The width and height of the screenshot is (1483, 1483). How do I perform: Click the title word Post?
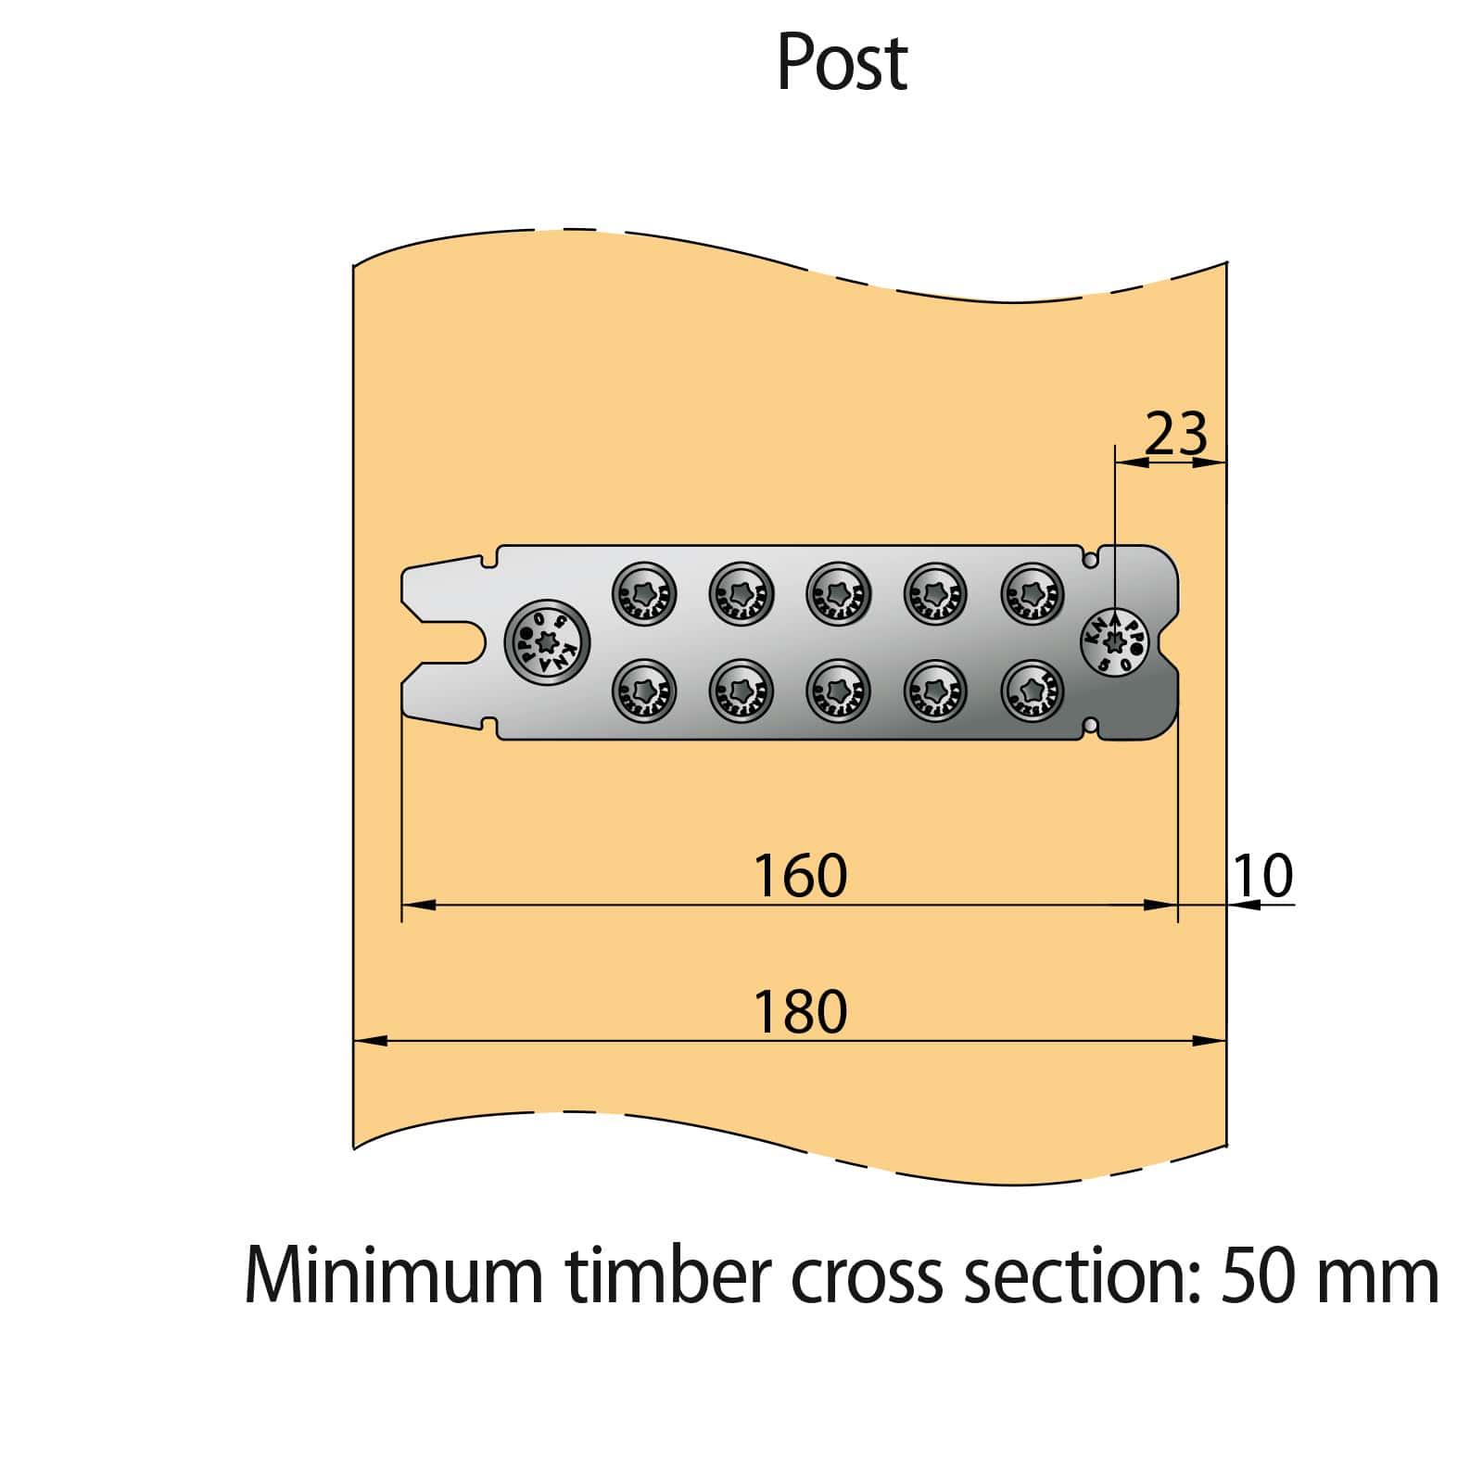842,63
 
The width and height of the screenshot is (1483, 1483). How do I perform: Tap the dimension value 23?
1176,433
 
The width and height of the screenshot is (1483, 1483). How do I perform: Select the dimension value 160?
800,876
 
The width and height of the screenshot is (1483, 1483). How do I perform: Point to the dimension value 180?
800,1011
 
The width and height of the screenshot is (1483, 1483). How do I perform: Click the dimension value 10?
1262,876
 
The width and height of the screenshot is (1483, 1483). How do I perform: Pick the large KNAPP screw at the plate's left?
548,642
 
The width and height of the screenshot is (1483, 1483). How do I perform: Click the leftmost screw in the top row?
644,593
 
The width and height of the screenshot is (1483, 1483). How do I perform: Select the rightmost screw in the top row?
1033,593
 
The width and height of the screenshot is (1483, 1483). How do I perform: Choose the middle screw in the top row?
838,593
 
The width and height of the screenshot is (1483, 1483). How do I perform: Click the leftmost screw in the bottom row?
644,691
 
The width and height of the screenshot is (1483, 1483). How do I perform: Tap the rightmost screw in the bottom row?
1033,691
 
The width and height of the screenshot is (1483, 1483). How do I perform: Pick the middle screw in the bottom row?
838,691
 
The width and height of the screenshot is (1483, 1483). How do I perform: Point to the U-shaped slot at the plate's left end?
450,642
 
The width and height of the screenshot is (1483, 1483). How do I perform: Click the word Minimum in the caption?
393,1276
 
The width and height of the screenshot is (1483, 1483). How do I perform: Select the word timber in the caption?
667,1276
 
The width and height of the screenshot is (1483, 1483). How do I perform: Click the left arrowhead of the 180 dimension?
369,1041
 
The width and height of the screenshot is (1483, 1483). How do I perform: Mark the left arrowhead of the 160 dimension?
417,905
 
